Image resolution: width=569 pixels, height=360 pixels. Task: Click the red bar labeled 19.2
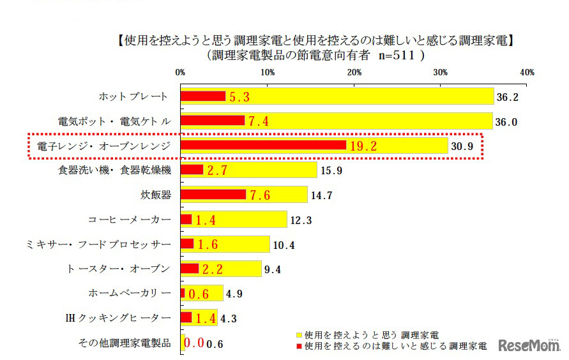click(263, 146)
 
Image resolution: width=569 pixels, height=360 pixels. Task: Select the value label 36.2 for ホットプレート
click(507, 97)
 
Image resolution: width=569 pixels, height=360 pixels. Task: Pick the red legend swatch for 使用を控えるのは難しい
click(298, 347)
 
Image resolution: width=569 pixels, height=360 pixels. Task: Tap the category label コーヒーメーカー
click(130, 220)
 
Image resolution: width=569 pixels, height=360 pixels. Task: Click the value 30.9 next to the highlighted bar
click(462, 146)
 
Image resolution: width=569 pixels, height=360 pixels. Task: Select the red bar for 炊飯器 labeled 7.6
click(213, 195)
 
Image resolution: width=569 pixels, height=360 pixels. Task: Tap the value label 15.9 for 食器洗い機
click(331, 170)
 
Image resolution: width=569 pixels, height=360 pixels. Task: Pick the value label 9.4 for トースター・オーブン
click(273, 269)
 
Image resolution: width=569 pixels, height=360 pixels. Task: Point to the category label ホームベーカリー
click(130, 294)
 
